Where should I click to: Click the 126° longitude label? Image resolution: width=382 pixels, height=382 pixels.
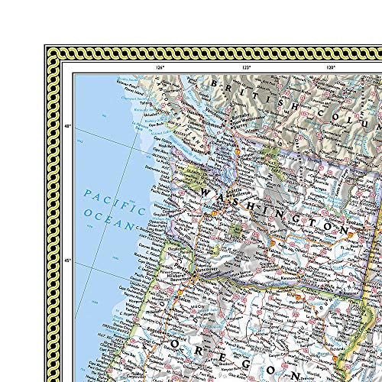pos(160,68)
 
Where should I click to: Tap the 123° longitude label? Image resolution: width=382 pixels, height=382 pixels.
pos(247,68)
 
